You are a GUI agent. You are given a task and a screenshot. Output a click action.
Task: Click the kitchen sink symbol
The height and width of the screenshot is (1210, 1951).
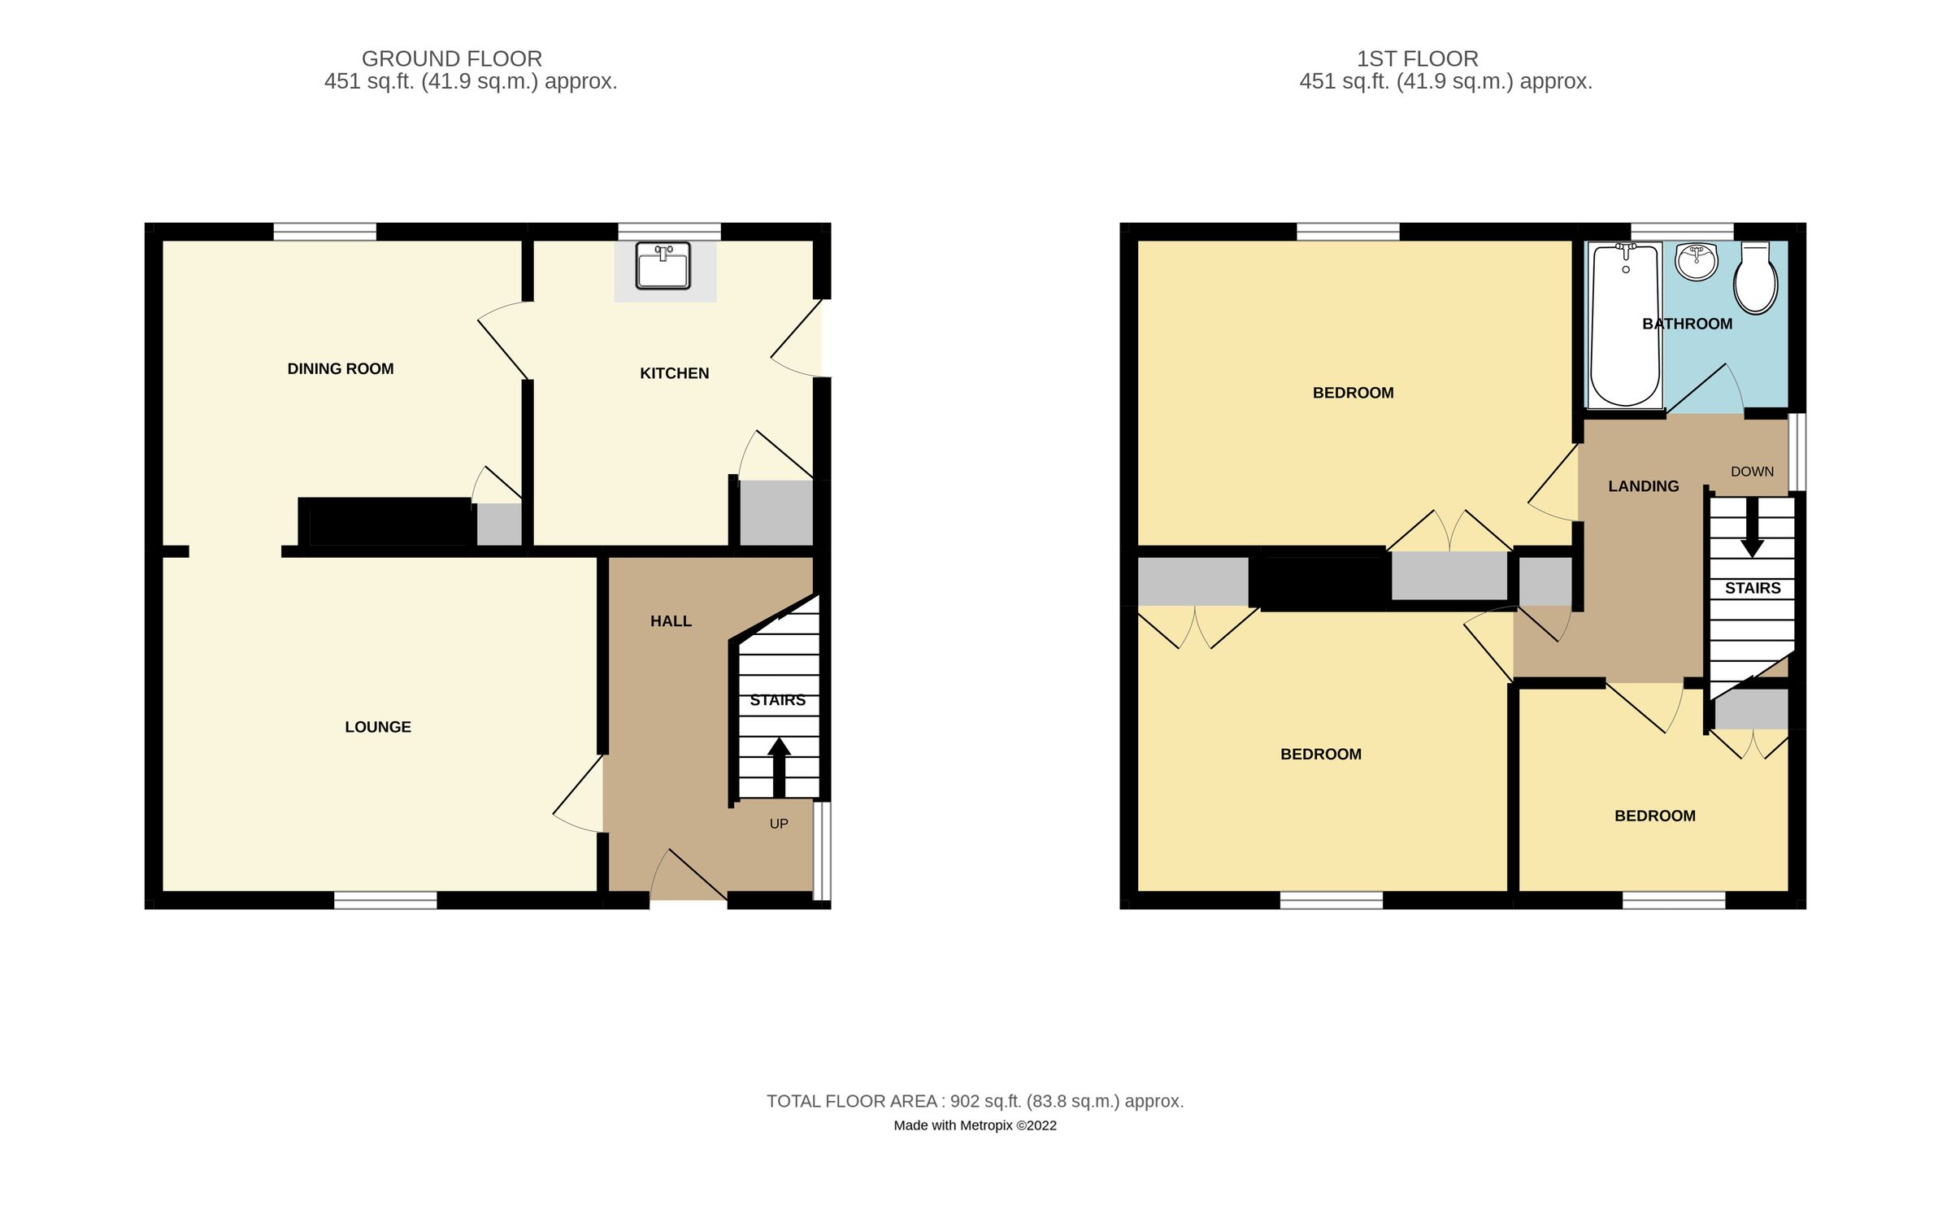click(x=663, y=266)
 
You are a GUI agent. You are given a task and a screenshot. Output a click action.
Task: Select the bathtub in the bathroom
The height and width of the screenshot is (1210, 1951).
click(x=1624, y=325)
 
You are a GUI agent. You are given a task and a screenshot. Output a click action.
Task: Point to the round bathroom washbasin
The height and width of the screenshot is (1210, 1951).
click(x=1697, y=261)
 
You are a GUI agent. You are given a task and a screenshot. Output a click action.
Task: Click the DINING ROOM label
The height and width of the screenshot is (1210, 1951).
click(x=341, y=369)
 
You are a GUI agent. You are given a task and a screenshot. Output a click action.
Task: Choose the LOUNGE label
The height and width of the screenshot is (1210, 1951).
click(x=378, y=727)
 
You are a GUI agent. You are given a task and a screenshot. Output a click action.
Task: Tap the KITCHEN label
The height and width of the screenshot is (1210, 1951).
click(x=674, y=373)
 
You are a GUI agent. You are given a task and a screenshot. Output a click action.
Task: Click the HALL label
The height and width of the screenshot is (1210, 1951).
click(x=671, y=621)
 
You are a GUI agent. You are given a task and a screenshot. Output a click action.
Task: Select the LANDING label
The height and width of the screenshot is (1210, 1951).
click(x=1643, y=486)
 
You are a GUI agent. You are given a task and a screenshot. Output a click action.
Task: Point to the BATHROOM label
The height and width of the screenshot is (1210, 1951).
click(x=1687, y=324)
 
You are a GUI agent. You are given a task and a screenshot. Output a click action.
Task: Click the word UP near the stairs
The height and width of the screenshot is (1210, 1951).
click(x=779, y=824)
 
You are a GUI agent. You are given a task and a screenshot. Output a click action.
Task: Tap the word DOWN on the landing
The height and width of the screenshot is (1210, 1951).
click(x=1752, y=472)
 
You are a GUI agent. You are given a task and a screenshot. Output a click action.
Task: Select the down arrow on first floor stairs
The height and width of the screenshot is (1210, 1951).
click(x=1752, y=529)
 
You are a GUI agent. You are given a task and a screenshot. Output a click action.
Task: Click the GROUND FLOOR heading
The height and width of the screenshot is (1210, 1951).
click(x=452, y=59)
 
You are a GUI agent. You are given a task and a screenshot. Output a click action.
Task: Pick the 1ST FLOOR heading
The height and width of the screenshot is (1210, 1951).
click(x=1417, y=59)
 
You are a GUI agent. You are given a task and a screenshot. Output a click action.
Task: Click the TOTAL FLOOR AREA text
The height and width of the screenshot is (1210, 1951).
click(x=975, y=1101)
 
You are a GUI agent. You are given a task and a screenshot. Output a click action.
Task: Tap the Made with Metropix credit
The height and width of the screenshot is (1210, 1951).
click(x=975, y=1125)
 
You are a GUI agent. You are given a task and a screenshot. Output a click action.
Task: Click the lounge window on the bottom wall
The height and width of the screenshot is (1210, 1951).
click(x=385, y=900)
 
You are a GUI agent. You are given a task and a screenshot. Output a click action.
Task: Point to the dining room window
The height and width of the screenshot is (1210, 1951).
click(x=324, y=232)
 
